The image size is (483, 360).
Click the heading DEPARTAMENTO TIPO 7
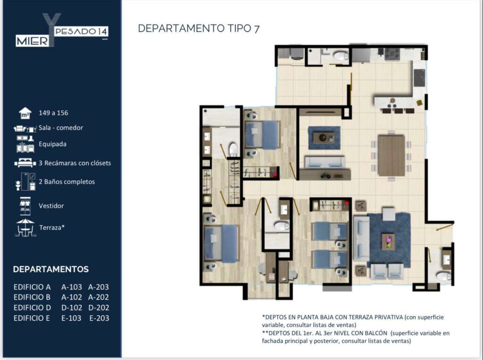199,28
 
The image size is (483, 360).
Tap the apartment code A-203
99,287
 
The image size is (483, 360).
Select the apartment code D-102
72,308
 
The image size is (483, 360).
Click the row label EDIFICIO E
32,318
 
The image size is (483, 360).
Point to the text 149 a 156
53,113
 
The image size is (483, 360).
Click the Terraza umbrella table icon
25,227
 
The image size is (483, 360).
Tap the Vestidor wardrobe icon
25,206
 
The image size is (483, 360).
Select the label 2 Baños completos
67,182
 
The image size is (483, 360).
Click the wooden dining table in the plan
391,156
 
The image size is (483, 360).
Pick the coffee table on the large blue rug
388,242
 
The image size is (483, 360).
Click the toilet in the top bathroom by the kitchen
341,56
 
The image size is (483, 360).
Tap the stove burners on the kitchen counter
392,54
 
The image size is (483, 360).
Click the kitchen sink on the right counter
419,78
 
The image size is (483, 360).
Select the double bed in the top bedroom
262,134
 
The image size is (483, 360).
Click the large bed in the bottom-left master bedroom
221,243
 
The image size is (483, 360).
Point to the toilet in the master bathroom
233,149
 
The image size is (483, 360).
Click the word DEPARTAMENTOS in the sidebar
51,269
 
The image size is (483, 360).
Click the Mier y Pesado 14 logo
62,30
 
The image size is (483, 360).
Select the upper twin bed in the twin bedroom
330,231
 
